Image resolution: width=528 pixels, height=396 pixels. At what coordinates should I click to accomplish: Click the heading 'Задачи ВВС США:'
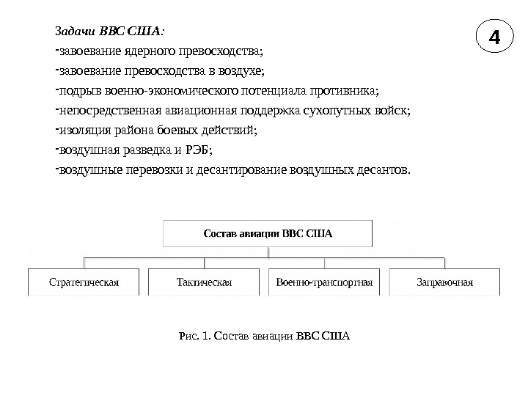point(110,32)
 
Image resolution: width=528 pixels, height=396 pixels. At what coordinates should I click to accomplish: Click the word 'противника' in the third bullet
point(346,92)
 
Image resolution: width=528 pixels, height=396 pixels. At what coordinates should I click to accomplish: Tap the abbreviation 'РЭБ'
point(198,151)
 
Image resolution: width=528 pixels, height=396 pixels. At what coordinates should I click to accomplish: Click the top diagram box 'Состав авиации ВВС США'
point(267,234)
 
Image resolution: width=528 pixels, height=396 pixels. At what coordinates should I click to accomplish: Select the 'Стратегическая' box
point(84,282)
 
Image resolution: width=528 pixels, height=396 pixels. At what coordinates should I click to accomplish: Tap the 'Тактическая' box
point(204,282)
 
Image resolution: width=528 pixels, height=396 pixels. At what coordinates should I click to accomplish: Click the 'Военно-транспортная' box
point(324,282)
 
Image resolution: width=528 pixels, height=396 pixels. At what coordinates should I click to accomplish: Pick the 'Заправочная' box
point(444,282)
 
